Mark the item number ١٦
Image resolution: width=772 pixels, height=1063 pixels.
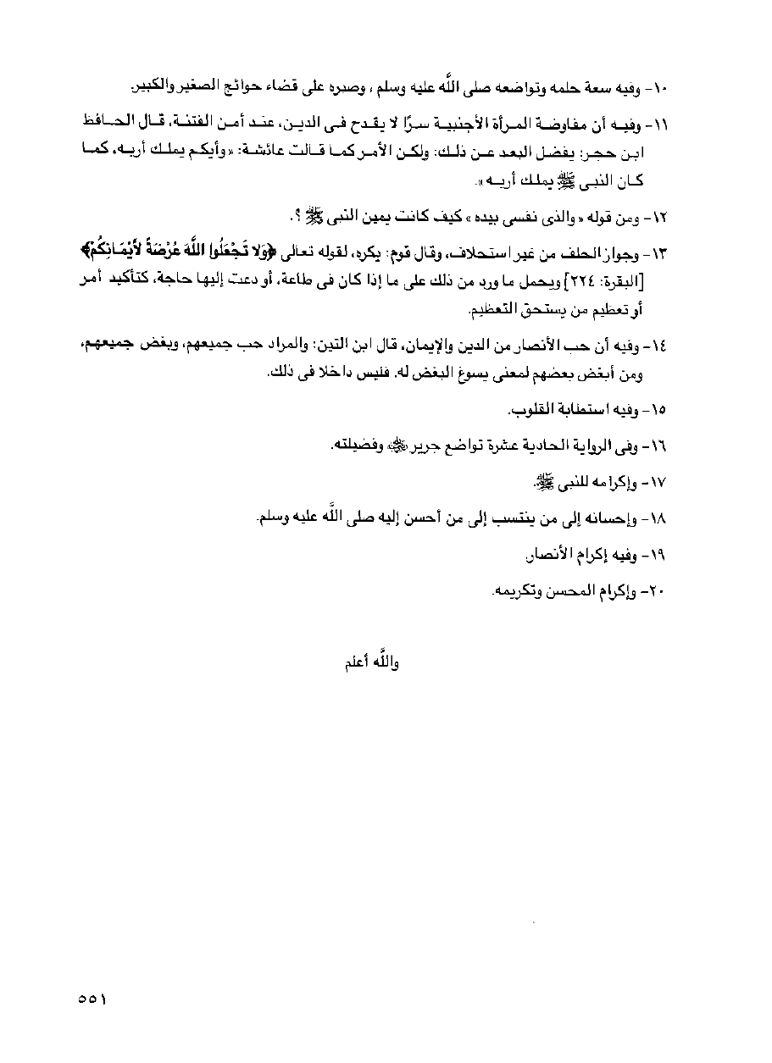point(656,446)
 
